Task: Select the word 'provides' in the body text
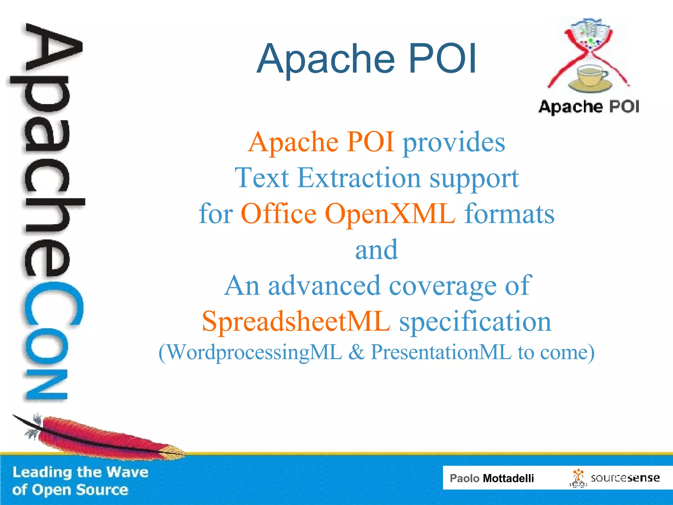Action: pyautogui.click(x=454, y=142)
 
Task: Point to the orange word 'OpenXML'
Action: pyautogui.click(x=390, y=214)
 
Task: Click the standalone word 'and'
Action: pyautogui.click(x=377, y=250)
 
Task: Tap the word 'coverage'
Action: pyautogui.click(x=442, y=286)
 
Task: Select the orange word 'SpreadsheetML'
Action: pyautogui.click(x=296, y=321)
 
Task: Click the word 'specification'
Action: pyautogui.click(x=475, y=322)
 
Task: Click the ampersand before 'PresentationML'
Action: pyautogui.click(x=356, y=352)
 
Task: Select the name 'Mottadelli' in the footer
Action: pyautogui.click(x=508, y=478)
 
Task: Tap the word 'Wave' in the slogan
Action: pyautogui.click(x=127, y=472)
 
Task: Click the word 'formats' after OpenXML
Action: pyautogui.click(x=509, y=214)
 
